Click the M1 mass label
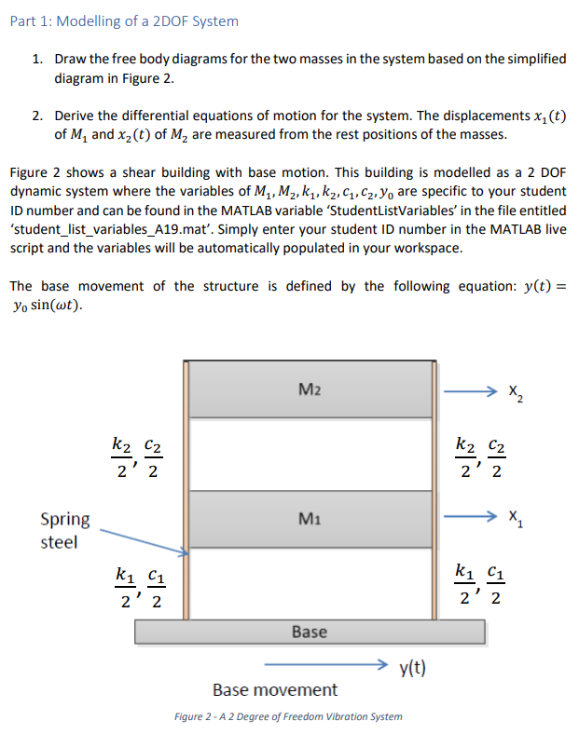tap(310, 517)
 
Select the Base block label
tap(310, 632)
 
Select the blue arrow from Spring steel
tap(145, 542)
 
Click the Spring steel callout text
tap(64, 529)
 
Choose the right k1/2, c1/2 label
tap(477, 582)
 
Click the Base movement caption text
tap(275, 690)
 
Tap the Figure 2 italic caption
tap(288, 716)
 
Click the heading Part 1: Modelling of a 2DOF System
tap(124, 20)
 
